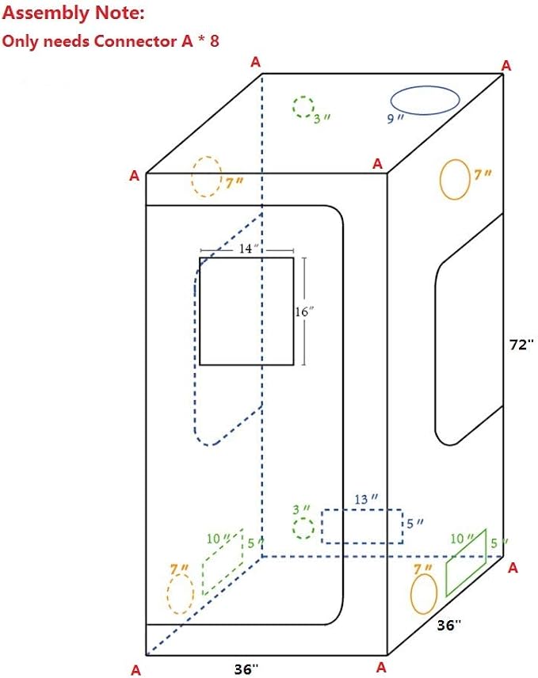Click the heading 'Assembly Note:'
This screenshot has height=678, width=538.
click(73, 13)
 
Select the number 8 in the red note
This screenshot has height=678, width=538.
click(215, 41)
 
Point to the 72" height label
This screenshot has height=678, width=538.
click(520, 345)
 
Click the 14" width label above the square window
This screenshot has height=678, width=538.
click(248, 248)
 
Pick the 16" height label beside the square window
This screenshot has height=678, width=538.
click(304, 311)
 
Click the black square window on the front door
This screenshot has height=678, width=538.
click(200, 311)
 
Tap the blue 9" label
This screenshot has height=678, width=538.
click(395, 119)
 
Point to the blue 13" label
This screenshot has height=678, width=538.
click(365, 500)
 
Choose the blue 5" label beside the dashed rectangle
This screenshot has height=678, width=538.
click(414, 524)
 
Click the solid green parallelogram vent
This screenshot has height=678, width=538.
click(446, 579)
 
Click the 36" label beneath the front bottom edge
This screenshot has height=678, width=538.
click(246, 668)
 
